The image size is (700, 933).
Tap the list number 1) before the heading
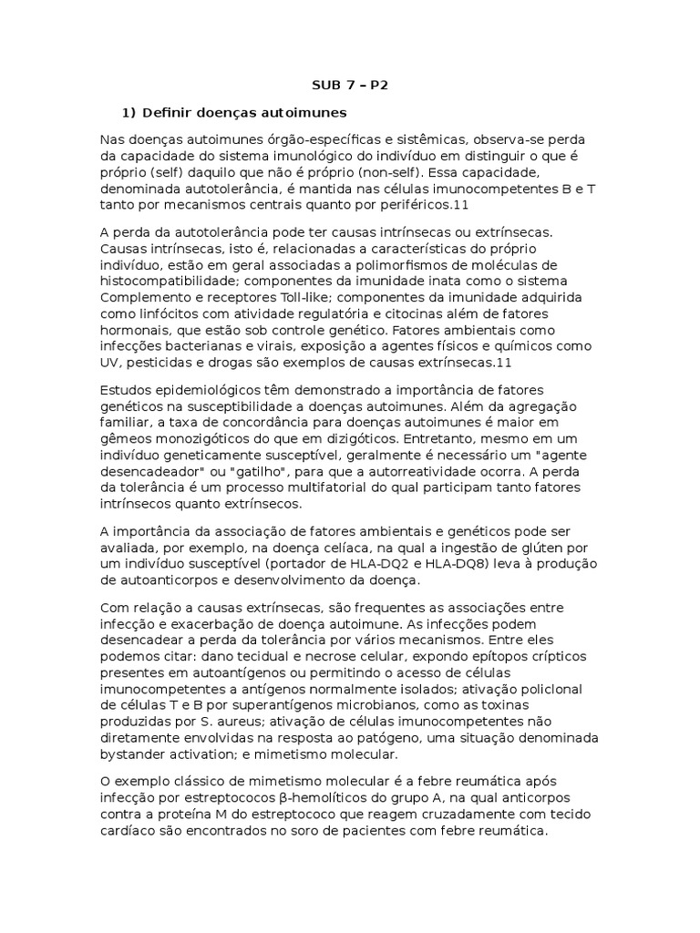point(128,112)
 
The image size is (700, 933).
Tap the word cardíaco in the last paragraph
point(128,832)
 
